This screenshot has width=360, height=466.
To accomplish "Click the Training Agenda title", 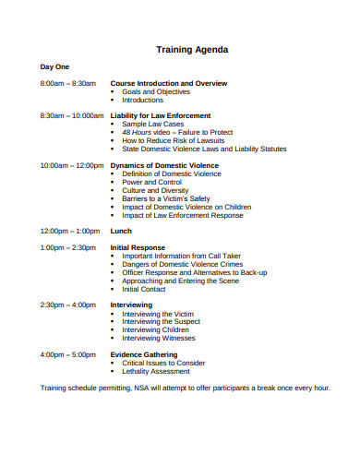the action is click(191, 49).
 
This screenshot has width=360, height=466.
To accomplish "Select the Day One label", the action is click(54, 67).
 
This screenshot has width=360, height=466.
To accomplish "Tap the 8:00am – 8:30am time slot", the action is click(67, 83).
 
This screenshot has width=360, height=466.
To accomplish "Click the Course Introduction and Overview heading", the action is click(168, 83).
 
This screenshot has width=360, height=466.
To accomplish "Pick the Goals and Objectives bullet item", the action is click(156, 91).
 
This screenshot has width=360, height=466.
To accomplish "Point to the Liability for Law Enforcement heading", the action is click(161, 115).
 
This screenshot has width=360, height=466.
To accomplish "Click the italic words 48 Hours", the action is click(138, 132).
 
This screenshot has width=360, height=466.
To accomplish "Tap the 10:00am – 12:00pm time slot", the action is click(72, 165).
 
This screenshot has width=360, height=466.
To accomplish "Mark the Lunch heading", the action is click(121, 231).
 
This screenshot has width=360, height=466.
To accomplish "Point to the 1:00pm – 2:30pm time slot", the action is click(67, 247).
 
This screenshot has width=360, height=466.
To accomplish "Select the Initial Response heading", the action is click(138, 247).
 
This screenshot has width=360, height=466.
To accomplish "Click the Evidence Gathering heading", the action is click(144, 354).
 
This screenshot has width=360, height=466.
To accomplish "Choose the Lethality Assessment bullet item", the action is click(163, 371).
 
